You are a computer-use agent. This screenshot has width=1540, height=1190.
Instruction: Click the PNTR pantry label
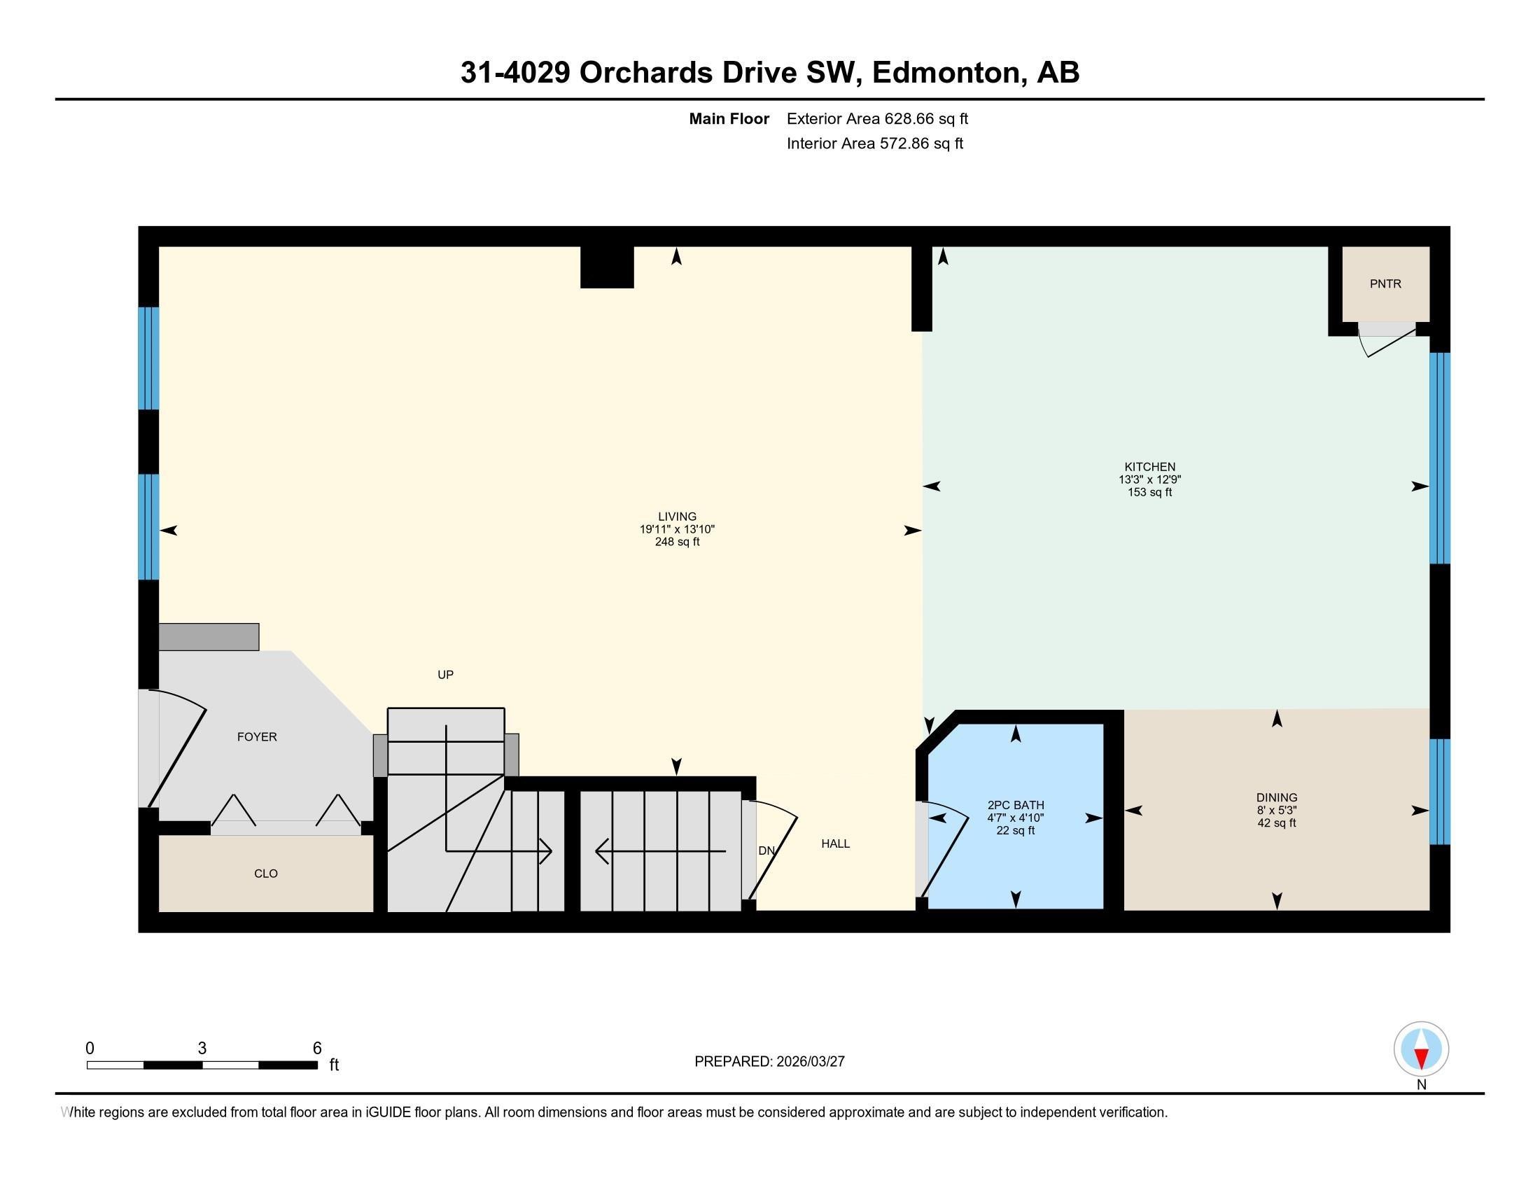(x=1385, y=284)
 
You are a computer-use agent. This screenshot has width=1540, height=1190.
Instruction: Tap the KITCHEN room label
(x=1149, y=467)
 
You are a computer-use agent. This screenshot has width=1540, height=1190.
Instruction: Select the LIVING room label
(x=677, y=517)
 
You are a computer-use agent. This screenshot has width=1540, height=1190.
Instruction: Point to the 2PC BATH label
(x=1016, y=805)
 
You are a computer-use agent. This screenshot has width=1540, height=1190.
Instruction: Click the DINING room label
(x=1276, y=798)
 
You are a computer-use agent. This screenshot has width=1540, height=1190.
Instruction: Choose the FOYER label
(x=257, y=736)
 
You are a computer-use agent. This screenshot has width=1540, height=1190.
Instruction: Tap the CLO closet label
(x=266, y=874)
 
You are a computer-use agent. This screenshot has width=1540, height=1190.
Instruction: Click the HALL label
(x=835, y=843)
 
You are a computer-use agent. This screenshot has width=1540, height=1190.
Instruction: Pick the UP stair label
(x=445, y=675)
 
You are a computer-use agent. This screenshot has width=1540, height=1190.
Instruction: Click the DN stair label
(x=766, y=851)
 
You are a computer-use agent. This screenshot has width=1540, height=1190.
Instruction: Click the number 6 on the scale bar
(x=317, y=1049)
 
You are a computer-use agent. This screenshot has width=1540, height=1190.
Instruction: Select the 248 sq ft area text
(x=677, y=542)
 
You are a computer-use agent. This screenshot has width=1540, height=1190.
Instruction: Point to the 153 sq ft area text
(x=1149, y=492)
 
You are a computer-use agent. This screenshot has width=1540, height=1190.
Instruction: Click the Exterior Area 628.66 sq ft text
(x=877, y=119)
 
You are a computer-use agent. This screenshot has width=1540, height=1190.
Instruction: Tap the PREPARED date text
(x=769, y=1062)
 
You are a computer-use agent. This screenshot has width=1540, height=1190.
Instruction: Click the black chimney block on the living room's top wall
(x=606, y=267)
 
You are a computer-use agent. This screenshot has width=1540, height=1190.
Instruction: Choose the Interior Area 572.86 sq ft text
(x=874, y=143)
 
